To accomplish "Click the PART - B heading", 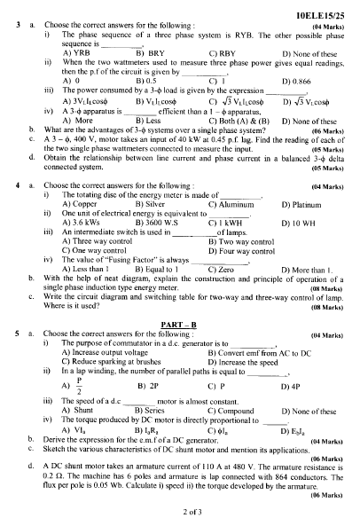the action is point(180,320).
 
